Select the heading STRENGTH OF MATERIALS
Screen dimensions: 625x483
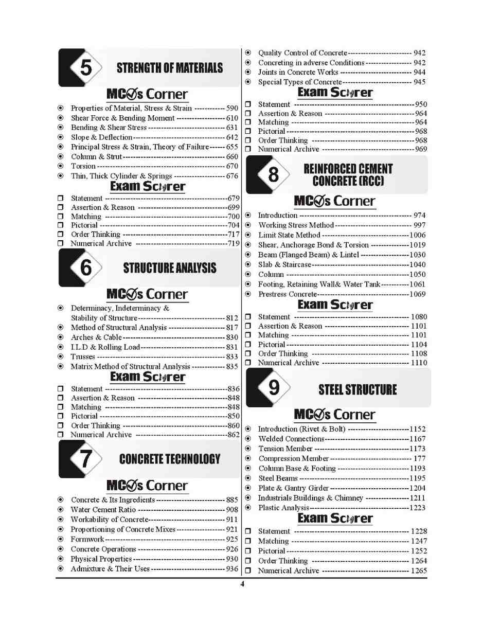(x=169, y=68)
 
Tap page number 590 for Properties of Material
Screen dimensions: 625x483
(x=232, y=108)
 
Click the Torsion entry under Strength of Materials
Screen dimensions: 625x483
(x=83, y=166)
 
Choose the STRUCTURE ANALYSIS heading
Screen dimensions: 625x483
(x=170, y=268)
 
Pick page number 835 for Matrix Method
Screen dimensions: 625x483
(x=232, y=366)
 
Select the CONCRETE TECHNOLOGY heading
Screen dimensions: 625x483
(x=169, y=459)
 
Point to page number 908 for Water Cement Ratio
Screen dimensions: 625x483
(x=232, y=510)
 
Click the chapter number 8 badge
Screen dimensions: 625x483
(x=273, y=175)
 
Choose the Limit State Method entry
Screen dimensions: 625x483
(x=289, y=235)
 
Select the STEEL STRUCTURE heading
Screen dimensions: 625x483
(x=357, y=389)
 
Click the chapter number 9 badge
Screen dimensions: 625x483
(x=273, y=388)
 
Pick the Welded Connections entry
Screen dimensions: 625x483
(x=291, y=438)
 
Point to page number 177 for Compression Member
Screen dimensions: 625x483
(x=420, y=458)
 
